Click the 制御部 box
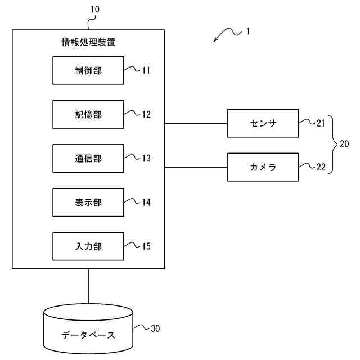click(x=88, y=70)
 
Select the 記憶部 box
click(x=88, y=114)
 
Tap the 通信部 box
click(x=88, y=158)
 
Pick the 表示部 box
click(x=88, y=202)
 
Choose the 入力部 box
click(x=88, y=246)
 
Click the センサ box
click(x=263, y=123)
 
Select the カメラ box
click(x=263, y=167)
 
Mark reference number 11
click(x=146, y=71)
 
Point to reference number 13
click(x=146, y=159)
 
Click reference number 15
click(x=146, y=246)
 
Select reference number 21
click(x=321, y=123)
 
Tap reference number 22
click(x=321, y=167)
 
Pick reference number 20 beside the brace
click(x=344, y=145)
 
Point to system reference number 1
click(x=248, y=32)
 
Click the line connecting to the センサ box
click(x=196, y=123)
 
